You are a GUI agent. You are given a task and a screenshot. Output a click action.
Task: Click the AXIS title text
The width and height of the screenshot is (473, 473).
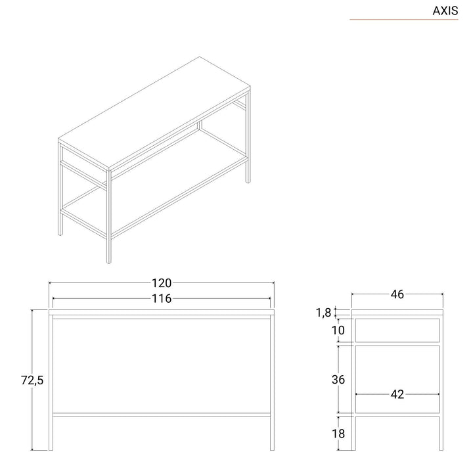445,11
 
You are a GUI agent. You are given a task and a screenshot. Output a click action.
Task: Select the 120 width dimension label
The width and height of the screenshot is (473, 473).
162,283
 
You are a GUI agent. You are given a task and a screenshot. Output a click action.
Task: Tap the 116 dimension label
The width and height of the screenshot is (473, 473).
162,299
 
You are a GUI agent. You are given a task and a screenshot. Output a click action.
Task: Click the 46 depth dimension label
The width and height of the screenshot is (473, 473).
397,294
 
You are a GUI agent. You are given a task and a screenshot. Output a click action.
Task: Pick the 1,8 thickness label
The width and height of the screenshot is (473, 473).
323,313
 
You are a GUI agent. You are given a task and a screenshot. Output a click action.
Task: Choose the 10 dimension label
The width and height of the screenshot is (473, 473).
338,330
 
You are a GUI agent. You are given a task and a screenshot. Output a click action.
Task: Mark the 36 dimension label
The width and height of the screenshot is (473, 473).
338,380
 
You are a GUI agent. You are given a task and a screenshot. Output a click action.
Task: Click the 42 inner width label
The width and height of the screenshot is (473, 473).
397,394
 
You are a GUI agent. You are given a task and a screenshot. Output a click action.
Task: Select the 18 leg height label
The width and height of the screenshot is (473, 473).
338,434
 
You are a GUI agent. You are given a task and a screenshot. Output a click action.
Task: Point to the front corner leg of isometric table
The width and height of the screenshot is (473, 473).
108,217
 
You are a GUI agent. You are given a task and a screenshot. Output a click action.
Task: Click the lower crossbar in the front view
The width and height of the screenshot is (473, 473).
162,415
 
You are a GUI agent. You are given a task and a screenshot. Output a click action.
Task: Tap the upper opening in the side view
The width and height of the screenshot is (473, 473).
397,330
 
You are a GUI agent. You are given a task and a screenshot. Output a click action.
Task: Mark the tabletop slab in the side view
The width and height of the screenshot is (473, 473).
397,312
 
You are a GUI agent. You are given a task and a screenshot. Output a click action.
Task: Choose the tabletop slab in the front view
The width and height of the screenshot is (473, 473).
162,312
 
